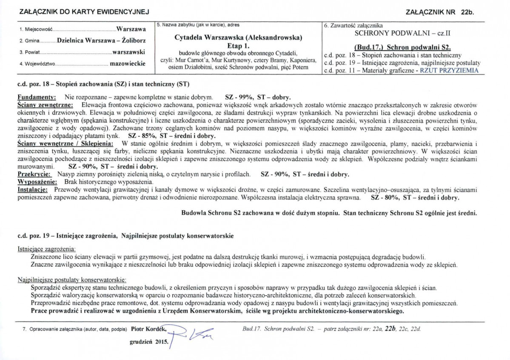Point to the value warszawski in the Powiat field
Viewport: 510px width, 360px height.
pos(129,52)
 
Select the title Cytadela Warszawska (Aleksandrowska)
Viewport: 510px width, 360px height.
pos(238,37)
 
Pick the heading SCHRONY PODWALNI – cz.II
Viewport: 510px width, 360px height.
pos(402,32)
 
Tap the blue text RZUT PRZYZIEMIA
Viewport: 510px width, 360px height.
pos(449,71)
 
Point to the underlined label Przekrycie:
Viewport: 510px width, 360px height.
pos(34,174)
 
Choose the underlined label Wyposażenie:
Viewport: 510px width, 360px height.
pos(37,181)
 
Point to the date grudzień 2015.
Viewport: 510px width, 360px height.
pos(148,341)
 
